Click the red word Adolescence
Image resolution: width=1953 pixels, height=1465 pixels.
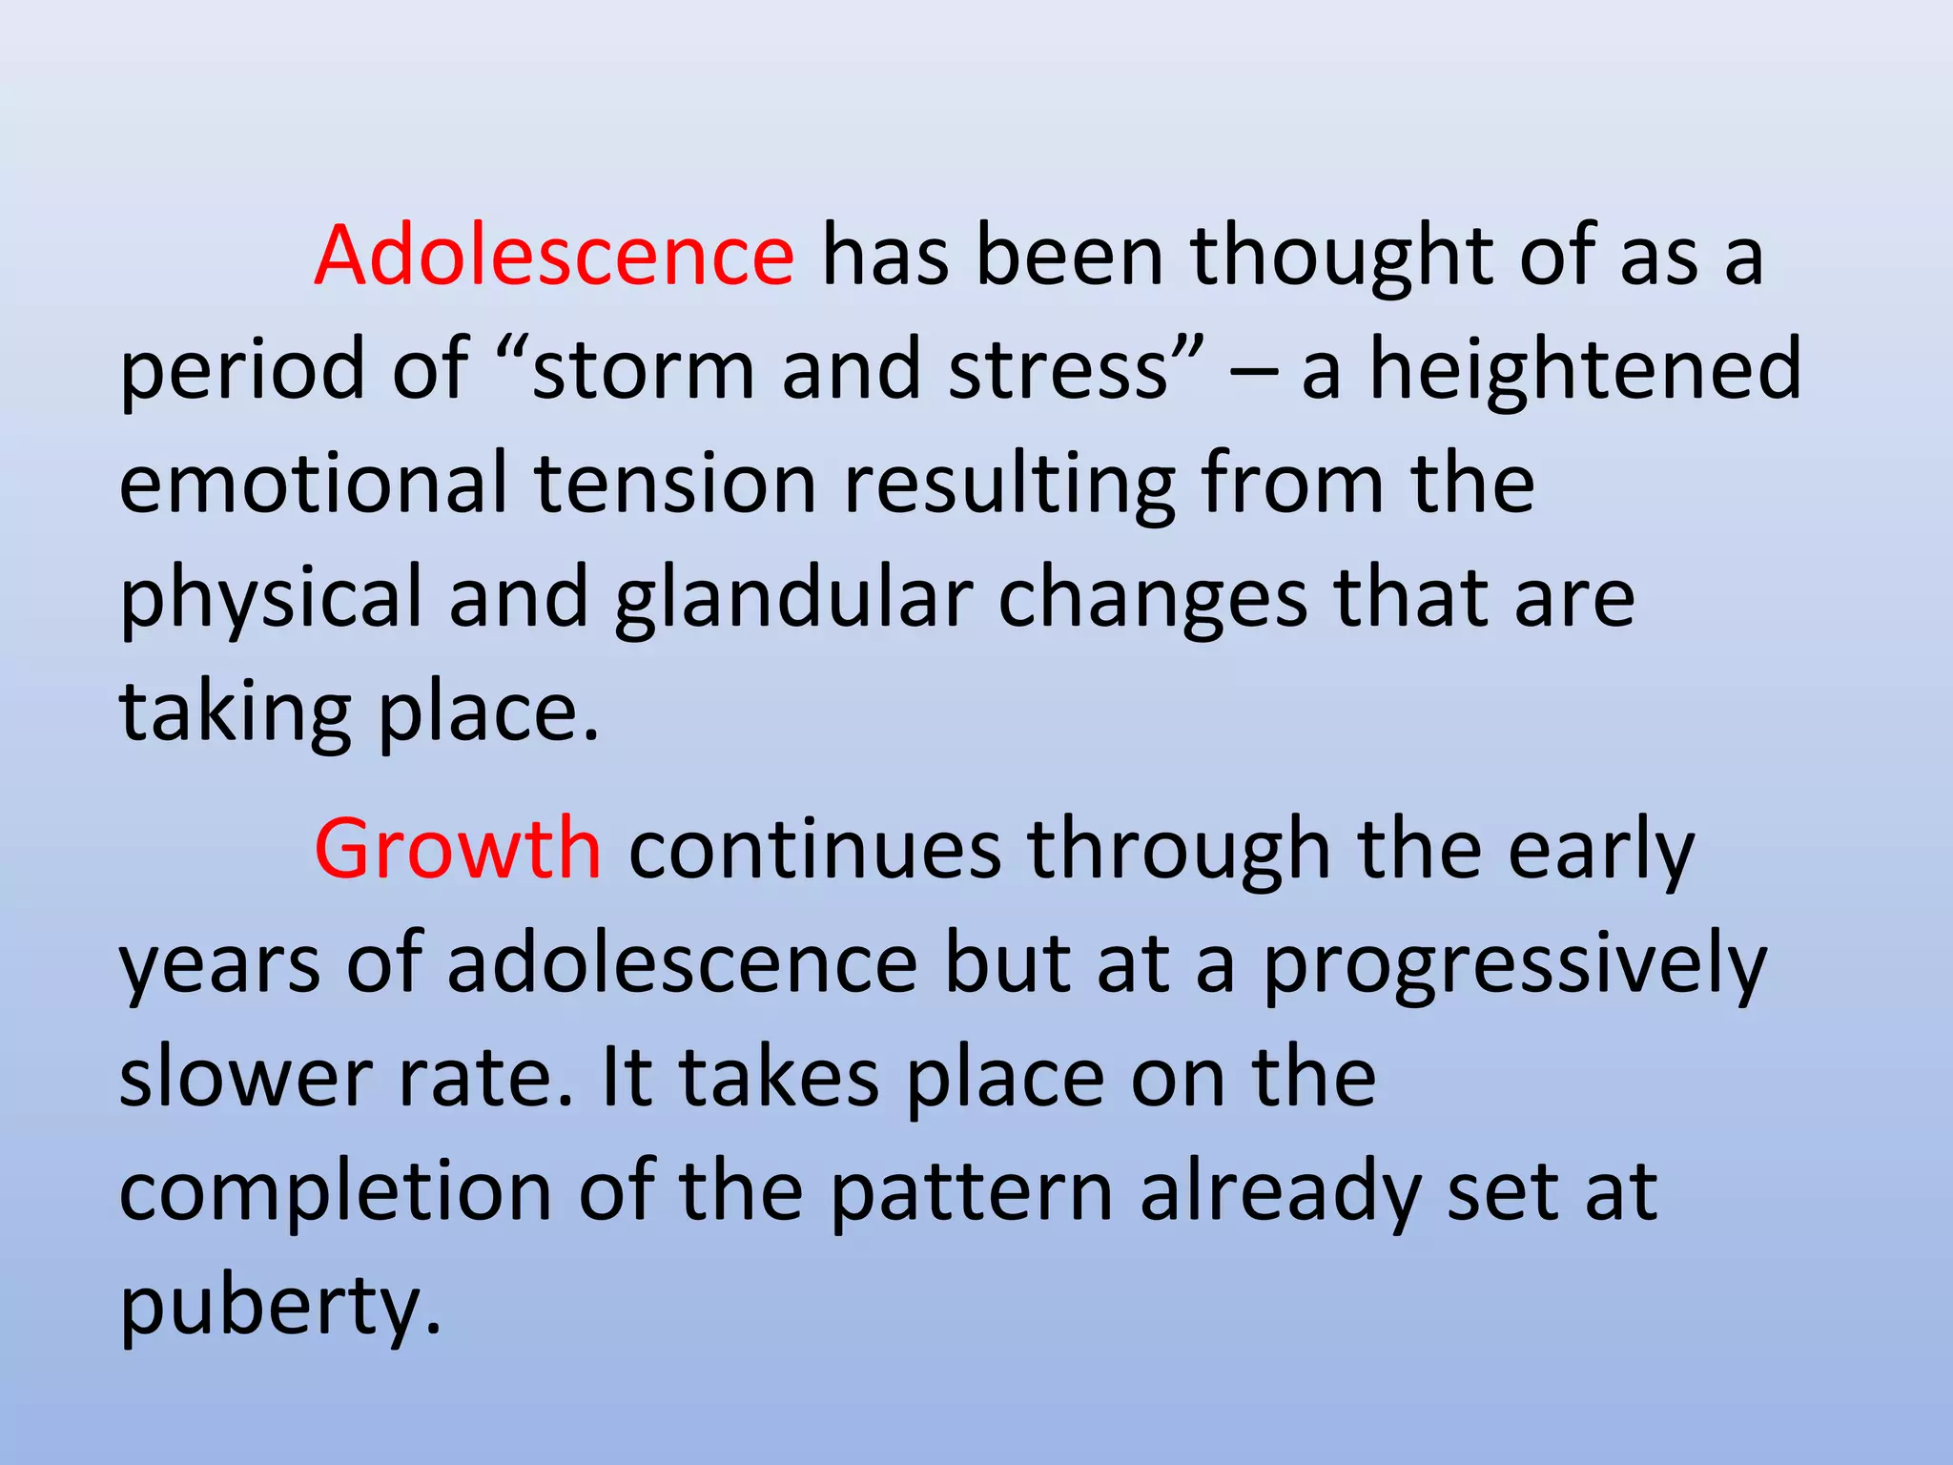(x=553, y=256)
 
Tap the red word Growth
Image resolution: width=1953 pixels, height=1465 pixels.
(x=458, y=849)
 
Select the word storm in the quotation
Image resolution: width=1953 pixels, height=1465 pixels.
(x=643, y=370)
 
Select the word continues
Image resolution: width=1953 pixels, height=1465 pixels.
(x=814, y=849)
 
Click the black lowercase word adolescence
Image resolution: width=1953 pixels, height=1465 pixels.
(x=683, y=963)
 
